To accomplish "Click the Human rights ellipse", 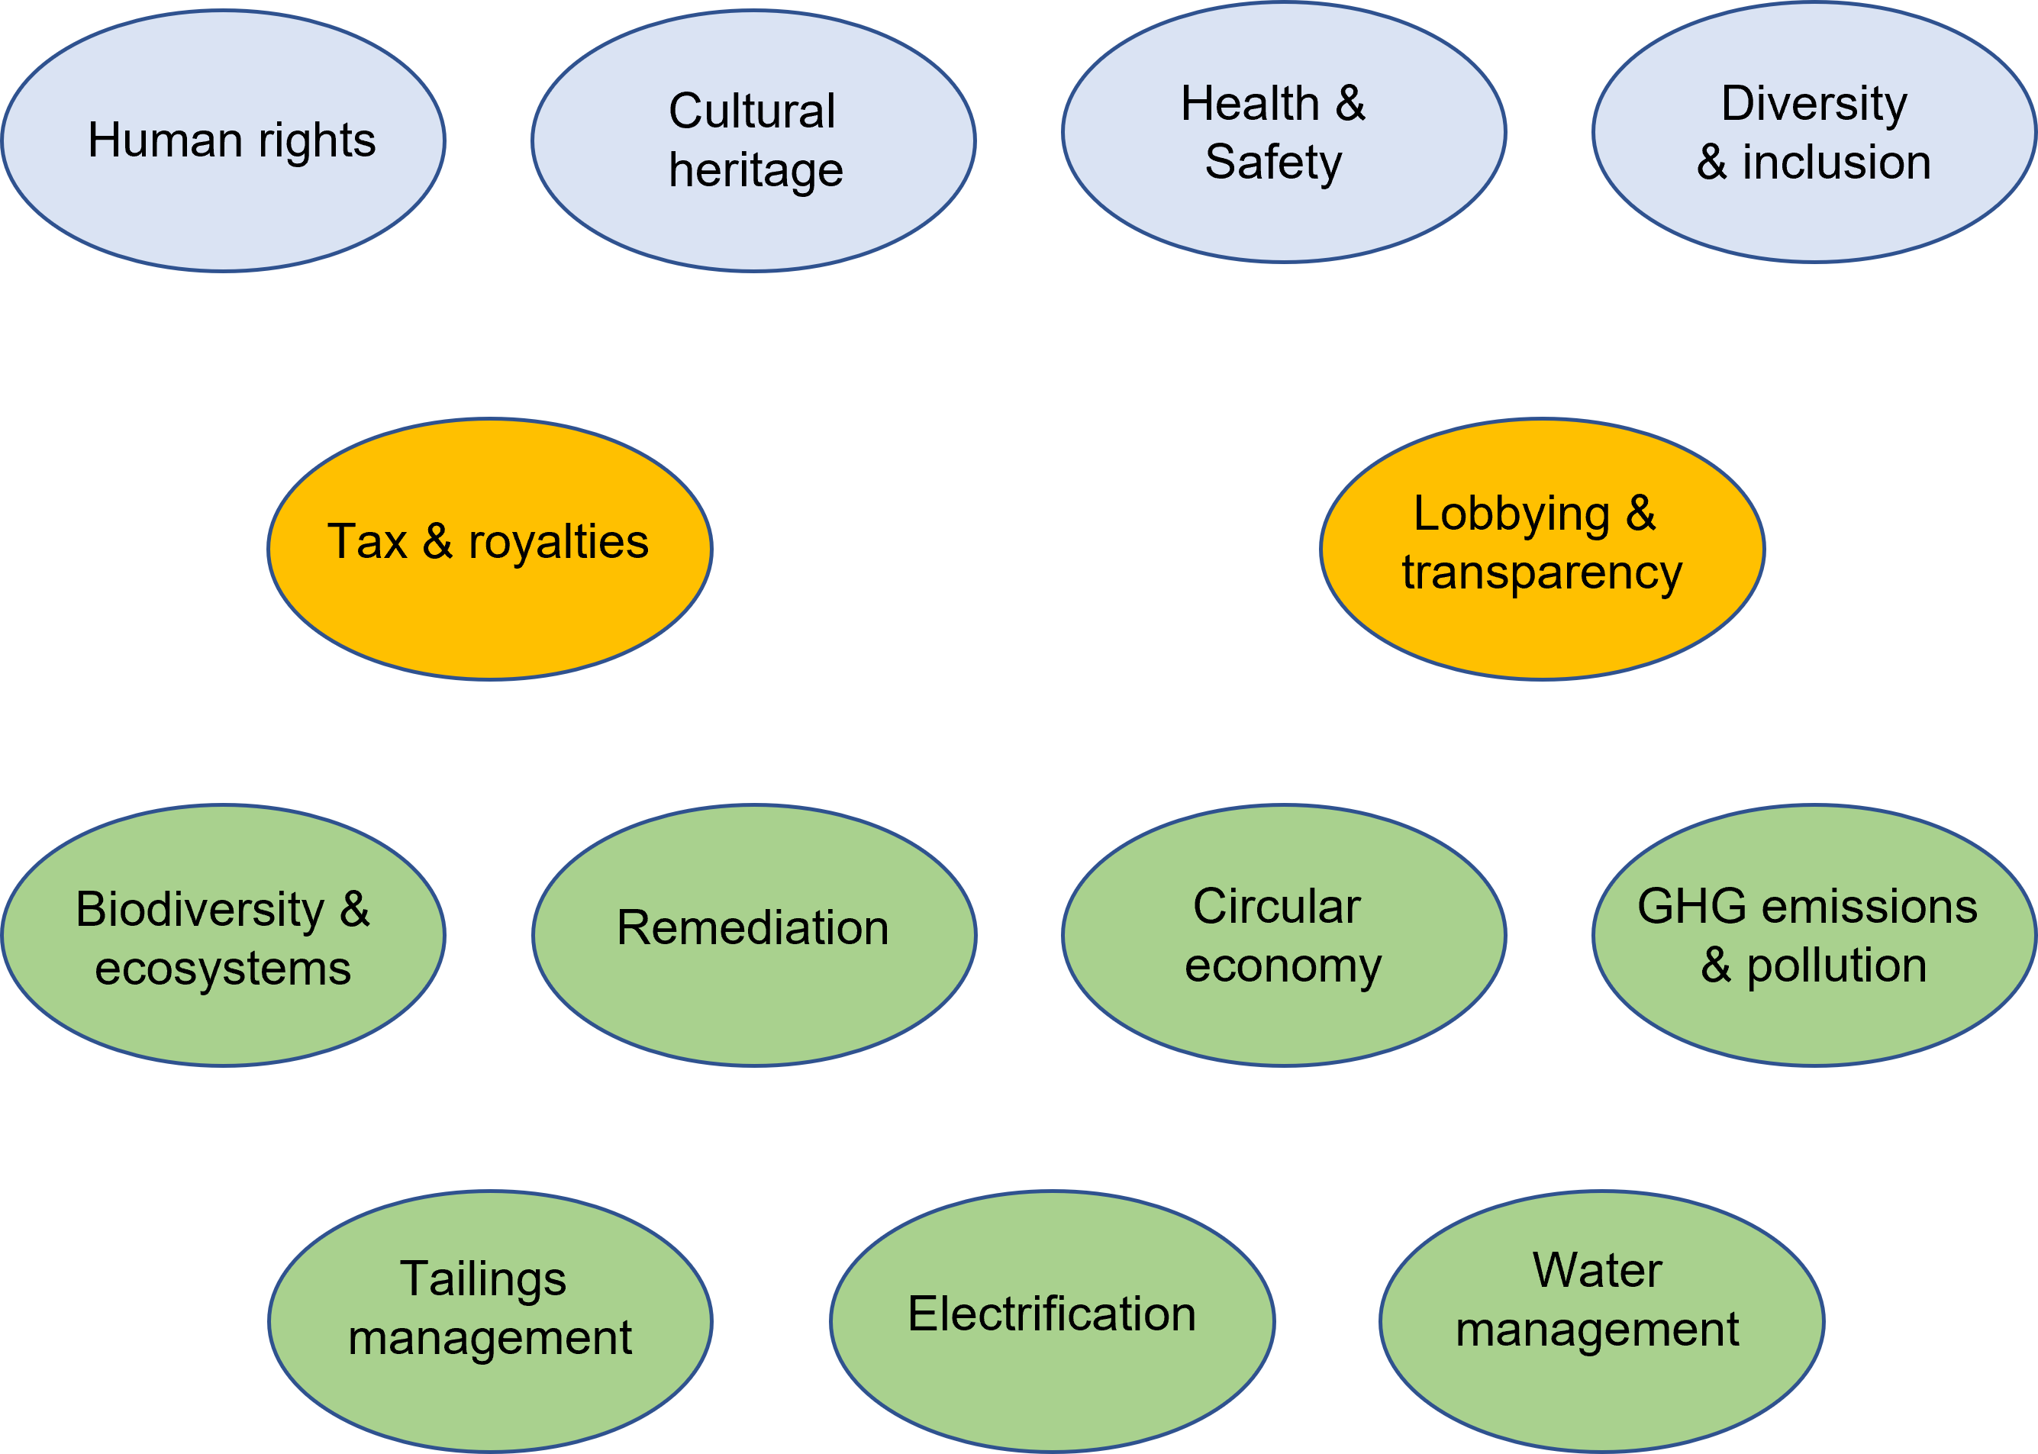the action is click(224, 140).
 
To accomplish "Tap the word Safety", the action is click(1272, 163).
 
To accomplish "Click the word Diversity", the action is click(1814, 105).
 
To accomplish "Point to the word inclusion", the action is click(1836, 163).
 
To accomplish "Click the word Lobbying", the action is click(1511, 514).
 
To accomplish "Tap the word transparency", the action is click(1542, 573).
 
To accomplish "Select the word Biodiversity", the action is click(200, 911).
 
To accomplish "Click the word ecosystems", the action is click(223, 969).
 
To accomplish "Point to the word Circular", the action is click(1276, 907).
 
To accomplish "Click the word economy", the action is click(1283, 966).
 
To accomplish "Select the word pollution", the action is click(1836, 966).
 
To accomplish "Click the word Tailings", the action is click(482, 1279).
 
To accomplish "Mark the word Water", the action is click(1598, 1271).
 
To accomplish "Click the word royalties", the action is click(558, 543).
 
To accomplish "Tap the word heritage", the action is click(756, 170).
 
